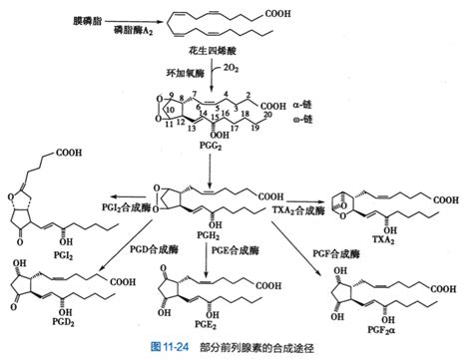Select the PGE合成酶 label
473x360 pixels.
231,247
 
